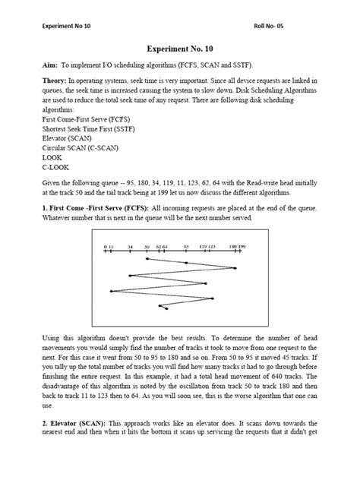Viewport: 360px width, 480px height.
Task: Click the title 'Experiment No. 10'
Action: [x=179, y=46]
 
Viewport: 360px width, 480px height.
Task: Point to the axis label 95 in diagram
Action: [x=185, y=247]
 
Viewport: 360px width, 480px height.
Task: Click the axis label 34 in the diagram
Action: [x=131, y=247]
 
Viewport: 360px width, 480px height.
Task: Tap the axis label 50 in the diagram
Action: [x=146, y=247]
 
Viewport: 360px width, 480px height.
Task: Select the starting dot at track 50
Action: [x=146, y=259]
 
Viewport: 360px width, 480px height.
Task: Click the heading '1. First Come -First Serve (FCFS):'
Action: [x=96, y=207]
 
